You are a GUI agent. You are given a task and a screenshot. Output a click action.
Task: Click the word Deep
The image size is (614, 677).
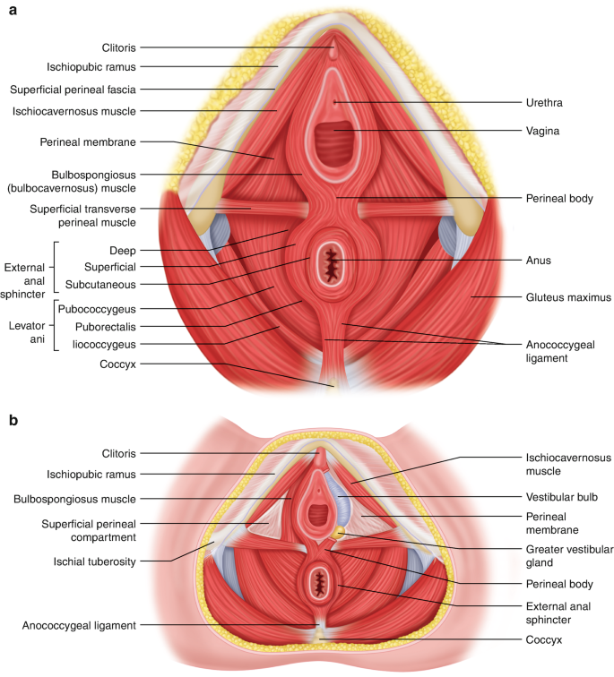click(122, 251)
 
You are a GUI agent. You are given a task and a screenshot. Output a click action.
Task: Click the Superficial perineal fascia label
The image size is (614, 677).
click(73, 90)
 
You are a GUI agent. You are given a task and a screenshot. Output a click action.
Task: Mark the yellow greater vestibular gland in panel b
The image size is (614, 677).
click(340, 533)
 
